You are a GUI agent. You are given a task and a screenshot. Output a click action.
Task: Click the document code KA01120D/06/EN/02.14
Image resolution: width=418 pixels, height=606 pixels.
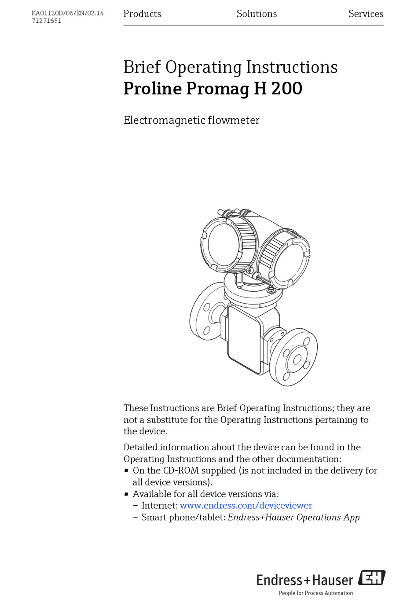[x=67, y=13]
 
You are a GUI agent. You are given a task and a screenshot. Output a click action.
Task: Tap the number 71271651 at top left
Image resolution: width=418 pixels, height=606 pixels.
[x=46, y=21]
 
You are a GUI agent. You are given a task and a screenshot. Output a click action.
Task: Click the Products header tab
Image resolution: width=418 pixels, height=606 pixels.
[x=142, y=14]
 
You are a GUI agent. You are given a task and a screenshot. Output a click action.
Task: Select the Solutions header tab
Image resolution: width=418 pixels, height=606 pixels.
[x=257, y=14]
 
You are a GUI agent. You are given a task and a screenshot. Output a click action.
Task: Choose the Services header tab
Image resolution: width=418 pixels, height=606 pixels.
[x=365, y=14]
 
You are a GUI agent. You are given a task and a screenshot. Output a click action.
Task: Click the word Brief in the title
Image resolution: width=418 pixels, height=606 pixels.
[x=142, y=67]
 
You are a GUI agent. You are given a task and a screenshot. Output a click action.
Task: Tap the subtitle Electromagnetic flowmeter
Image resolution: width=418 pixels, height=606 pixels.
[x=191, y=120]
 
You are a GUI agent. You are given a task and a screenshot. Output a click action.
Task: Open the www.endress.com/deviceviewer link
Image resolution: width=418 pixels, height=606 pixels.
[x=246, y=506]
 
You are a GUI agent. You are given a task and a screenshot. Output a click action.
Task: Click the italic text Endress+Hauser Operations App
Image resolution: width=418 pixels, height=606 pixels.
[x=293, y=518]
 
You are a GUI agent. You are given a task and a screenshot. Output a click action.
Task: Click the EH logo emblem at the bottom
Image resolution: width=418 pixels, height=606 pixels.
[x=372, y=578]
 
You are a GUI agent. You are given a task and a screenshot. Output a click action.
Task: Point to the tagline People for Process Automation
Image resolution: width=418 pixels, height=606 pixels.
[x=315, y=593]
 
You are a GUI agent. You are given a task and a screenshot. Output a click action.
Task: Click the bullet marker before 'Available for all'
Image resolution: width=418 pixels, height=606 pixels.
[x=126, y=494]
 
